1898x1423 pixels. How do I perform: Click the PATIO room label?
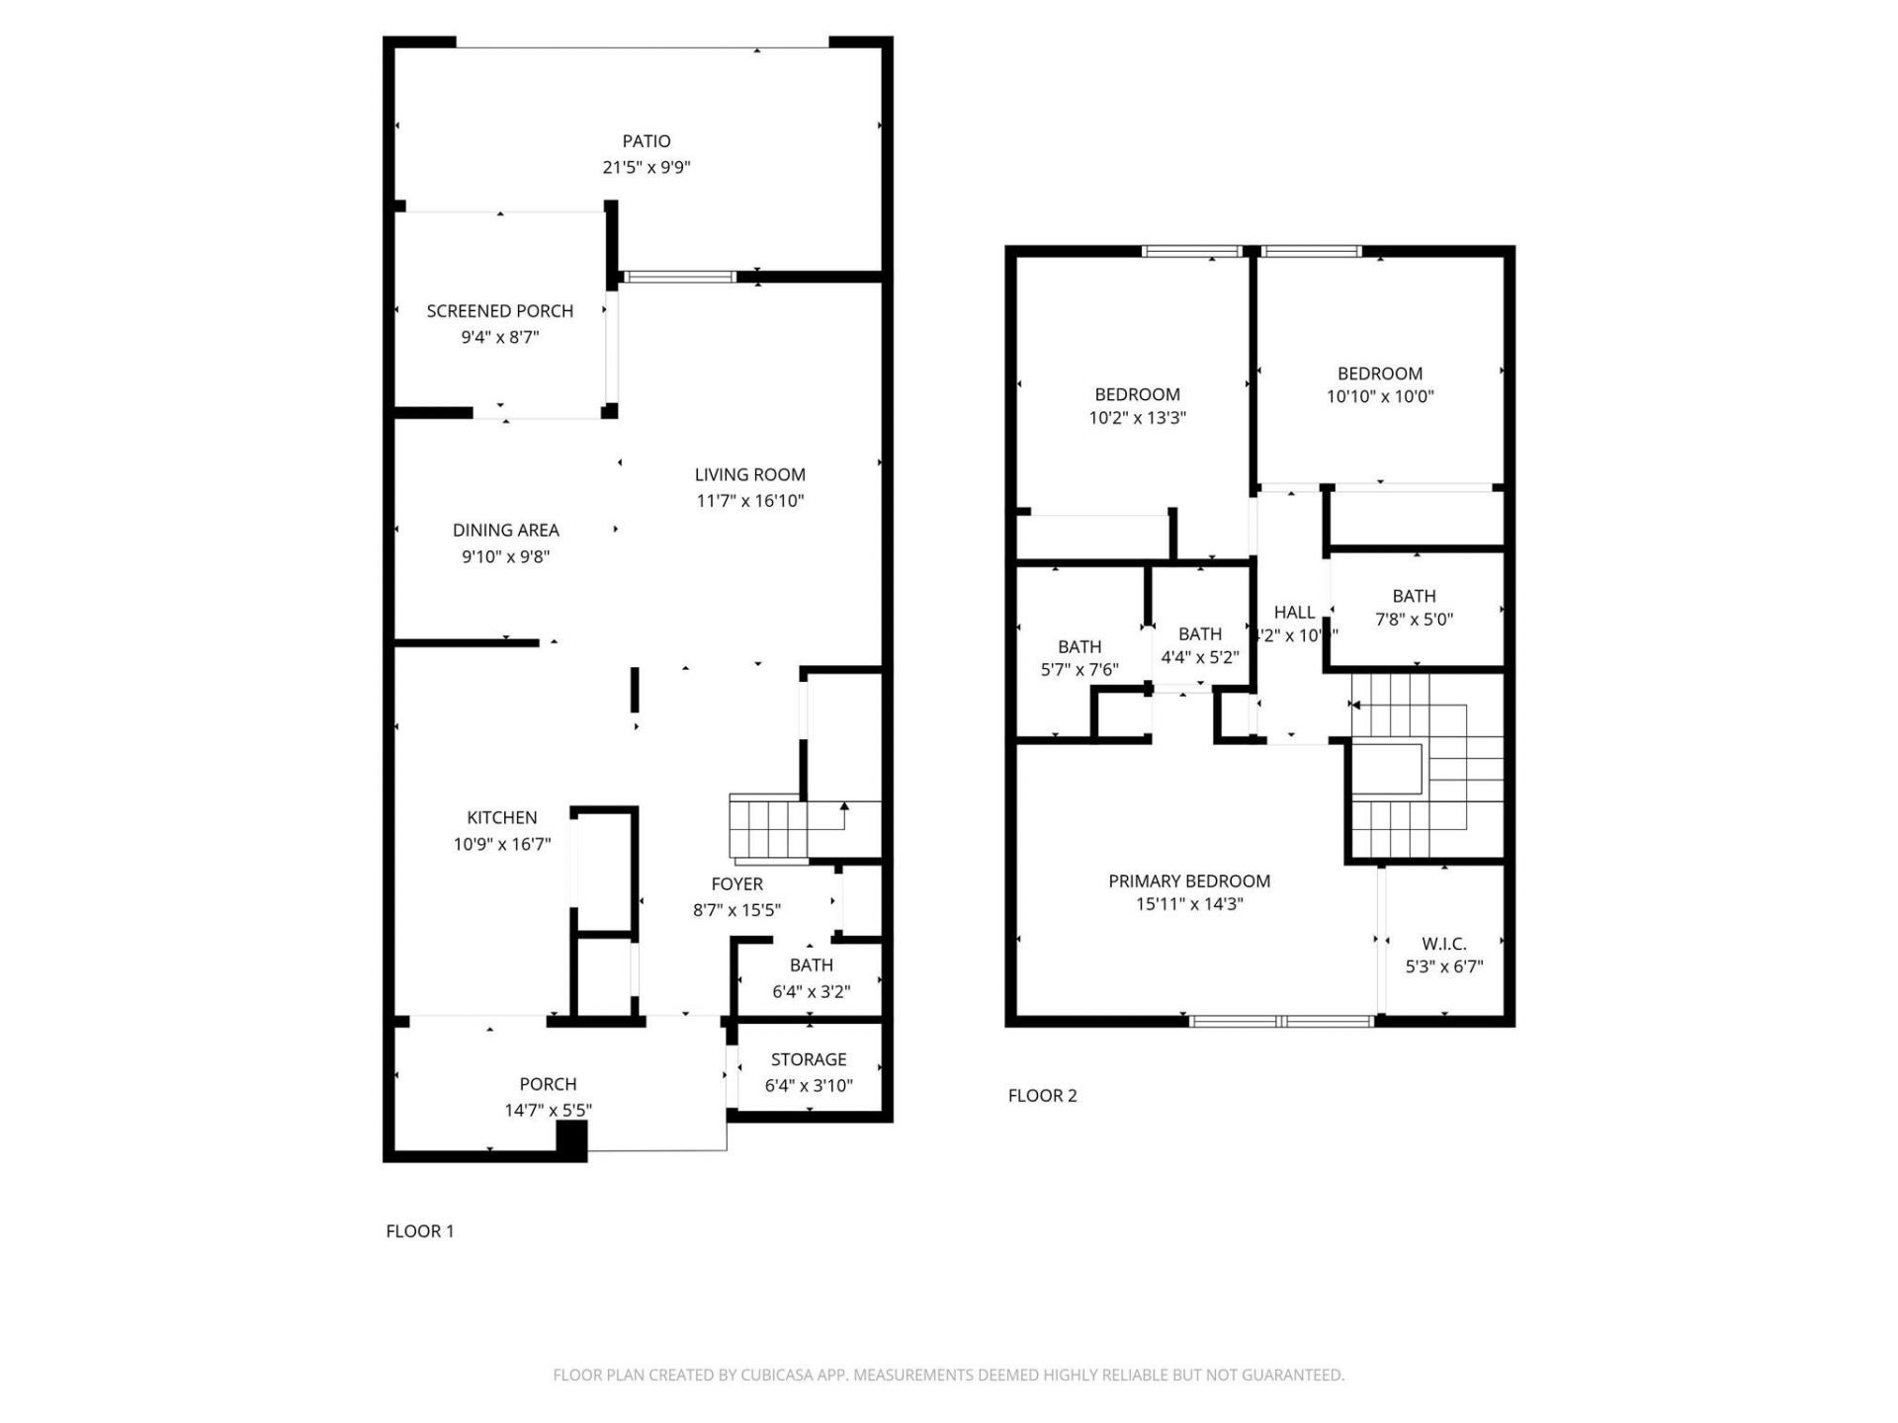pos(647,141)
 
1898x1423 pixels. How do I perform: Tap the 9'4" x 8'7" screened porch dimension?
pos(500,337)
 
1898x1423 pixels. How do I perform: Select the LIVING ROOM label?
pos(749,474)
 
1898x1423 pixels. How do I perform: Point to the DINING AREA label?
pos(505,531)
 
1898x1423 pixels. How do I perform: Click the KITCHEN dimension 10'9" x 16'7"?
pos(502,844)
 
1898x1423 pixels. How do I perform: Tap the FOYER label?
pos(736,884)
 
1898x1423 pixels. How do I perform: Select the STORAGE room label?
pos(809,1059)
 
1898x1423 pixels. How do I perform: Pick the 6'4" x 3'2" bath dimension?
pos(811,991)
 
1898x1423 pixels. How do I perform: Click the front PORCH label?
pos(548,1084)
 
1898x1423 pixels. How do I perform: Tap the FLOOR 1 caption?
pos(420,1231)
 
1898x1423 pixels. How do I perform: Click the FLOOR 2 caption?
pos(1042,1095)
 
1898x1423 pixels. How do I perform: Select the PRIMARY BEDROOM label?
pos(1189,880)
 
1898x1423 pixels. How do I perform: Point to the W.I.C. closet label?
pos(1444,944)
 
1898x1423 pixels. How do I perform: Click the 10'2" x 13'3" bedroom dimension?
pos(1137,418)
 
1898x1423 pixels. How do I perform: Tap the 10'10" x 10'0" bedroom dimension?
pos(1380,396)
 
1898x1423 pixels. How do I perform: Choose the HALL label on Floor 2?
pos(1294,613)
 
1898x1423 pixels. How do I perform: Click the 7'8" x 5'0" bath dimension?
pos(1414,620)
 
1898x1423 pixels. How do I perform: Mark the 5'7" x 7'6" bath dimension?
pos(1079,670)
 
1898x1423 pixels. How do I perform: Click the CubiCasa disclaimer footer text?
pos(948,1375)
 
